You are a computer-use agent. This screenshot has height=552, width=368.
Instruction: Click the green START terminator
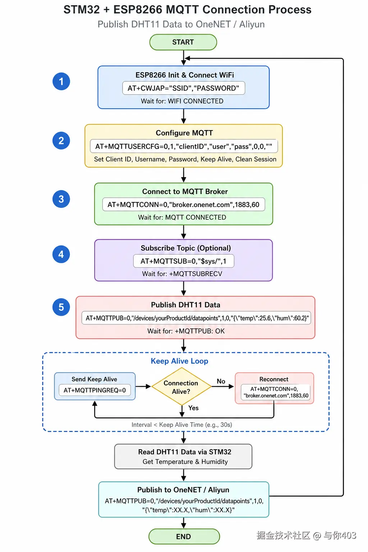click(183, 42)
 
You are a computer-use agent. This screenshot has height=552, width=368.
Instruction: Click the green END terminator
click(184, 537)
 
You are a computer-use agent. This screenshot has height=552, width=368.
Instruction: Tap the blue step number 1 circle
click(61, 81)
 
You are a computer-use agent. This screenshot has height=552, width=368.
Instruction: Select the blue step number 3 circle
click(61, 199)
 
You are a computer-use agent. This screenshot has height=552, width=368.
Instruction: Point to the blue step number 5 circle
click(61, 307)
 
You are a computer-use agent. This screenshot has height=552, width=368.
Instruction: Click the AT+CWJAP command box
click(184, 88)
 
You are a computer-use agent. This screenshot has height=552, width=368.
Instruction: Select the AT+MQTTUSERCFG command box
click(184, 146)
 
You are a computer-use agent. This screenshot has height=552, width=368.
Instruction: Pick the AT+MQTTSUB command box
click(184, 261)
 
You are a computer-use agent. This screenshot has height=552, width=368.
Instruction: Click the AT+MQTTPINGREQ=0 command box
click(95, 390)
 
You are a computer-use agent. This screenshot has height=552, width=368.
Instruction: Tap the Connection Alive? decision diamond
click(181, 387)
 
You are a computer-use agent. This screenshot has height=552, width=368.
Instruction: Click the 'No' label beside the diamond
click(221, 381)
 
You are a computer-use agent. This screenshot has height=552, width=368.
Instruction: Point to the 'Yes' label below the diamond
click(193, 408)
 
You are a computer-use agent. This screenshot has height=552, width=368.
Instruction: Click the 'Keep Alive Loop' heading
click(179, 361)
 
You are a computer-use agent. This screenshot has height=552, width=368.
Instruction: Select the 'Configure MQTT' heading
click(184, 133)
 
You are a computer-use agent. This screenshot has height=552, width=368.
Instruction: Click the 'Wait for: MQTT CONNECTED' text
click(182, 217)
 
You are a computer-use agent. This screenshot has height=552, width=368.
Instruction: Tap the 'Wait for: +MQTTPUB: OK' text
click(186, 331)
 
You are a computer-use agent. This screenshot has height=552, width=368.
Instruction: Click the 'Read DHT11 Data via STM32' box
click(183, 456)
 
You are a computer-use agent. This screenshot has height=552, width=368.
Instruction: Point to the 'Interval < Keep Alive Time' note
click(182, 424)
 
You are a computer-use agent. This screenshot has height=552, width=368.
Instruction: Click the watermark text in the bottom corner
click(307, 535)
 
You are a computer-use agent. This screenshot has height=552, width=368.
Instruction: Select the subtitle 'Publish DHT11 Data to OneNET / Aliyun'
click(181, 24)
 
